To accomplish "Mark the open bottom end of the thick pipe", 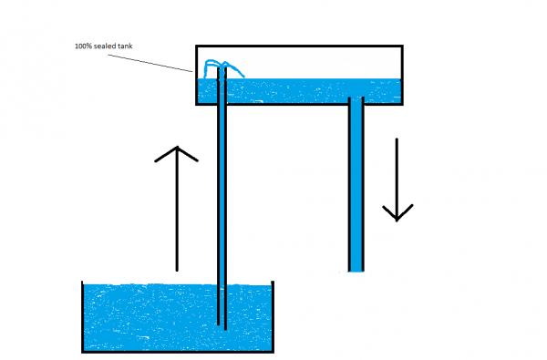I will tap(356, 270).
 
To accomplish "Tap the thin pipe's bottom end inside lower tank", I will tap(222, 324).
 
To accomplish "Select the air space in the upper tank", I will tap(310, 62).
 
